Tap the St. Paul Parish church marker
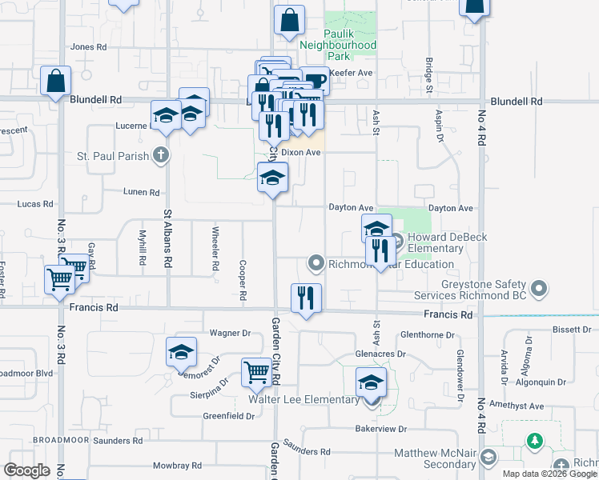(161, 155)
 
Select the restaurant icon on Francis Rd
(305, 299)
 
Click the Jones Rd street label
(88, 47)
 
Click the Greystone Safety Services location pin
(539, 287)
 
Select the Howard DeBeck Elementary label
(436, 243)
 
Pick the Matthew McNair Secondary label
(436, 458)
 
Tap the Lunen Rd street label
(142, 193)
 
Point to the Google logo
(27, 470)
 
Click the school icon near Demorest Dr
(181, 352)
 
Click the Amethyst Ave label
(517, 406)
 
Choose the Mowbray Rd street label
(170, 466)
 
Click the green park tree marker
(534, 441)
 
